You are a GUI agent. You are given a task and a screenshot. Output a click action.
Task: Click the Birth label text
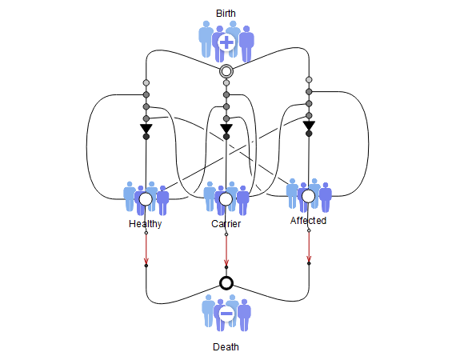click(226, 14)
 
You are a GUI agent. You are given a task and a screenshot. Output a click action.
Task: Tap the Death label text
click(226, 347)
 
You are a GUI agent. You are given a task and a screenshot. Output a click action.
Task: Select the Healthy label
click(145, 224)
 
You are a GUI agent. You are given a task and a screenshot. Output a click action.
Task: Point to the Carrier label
click(226, 224)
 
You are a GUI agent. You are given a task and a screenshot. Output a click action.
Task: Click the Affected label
click(308, 221)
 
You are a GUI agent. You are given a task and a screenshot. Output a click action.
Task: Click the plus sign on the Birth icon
click(226, 42)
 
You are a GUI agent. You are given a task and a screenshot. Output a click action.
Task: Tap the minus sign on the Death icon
click(226, 314)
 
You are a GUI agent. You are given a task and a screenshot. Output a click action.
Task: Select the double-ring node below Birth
click(226, 71)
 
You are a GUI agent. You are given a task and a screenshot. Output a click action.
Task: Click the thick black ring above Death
click(226, 283)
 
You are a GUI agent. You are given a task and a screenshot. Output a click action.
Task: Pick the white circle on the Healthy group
click(146, 199)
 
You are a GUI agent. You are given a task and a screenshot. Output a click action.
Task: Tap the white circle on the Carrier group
click(226, 199)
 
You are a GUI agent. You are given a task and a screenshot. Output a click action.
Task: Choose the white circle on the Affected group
click(309, 196)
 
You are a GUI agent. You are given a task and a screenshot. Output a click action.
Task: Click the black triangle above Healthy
click(146, 128)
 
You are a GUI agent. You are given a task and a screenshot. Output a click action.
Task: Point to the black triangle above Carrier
click(226, 128)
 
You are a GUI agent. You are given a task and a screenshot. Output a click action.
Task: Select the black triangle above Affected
click(309, 125)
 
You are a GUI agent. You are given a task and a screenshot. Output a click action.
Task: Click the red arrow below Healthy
click(146, 250)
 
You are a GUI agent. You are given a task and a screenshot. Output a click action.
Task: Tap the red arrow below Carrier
click(226, 250)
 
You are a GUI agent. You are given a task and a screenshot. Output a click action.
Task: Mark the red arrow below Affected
click(309, 247)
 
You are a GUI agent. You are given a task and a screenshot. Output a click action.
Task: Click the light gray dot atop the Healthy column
click(146, 83)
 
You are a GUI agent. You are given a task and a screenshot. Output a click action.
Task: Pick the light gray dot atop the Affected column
click(309, 80)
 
